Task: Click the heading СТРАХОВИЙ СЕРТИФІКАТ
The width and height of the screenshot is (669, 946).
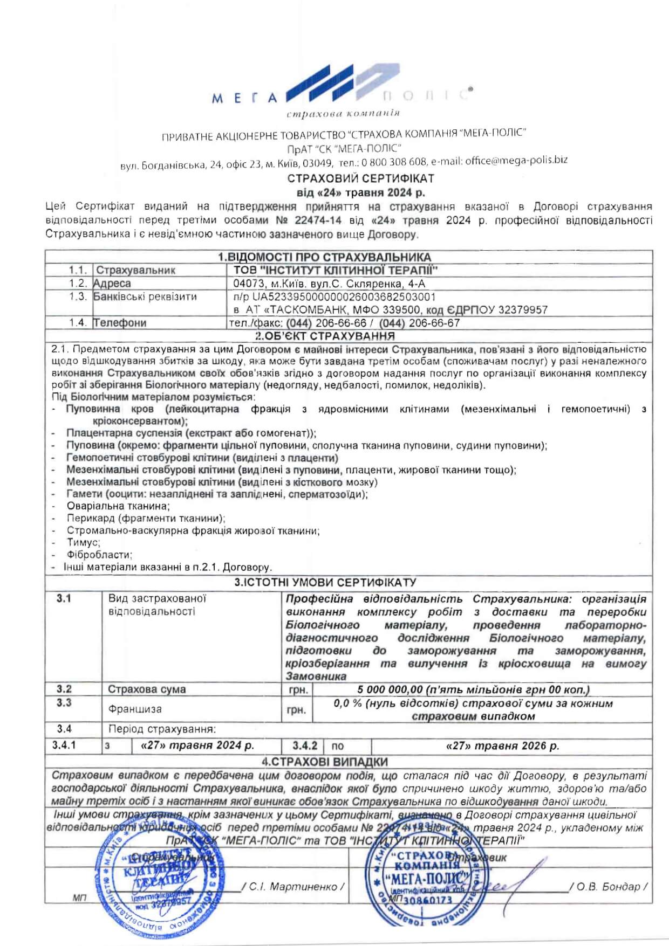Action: coord(360,178)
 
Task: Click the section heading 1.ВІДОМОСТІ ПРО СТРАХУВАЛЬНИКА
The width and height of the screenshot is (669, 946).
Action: coord(324,257)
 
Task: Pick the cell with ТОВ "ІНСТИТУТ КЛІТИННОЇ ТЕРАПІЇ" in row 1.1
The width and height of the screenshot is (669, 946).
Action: coord(335,270)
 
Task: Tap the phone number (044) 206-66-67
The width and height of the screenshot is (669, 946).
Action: coord(419,323)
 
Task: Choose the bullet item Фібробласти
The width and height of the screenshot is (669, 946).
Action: coord(99,555)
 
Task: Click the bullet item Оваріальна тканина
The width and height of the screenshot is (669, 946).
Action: coord(118,506)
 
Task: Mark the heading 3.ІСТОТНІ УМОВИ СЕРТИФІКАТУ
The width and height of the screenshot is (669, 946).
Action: coord(325,582)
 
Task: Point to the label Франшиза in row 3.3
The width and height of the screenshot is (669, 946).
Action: coord(134,709)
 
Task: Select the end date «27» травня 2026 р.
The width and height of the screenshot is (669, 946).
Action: coord(503,746)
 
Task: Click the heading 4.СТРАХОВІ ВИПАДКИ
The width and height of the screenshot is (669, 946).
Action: coord(325,762)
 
